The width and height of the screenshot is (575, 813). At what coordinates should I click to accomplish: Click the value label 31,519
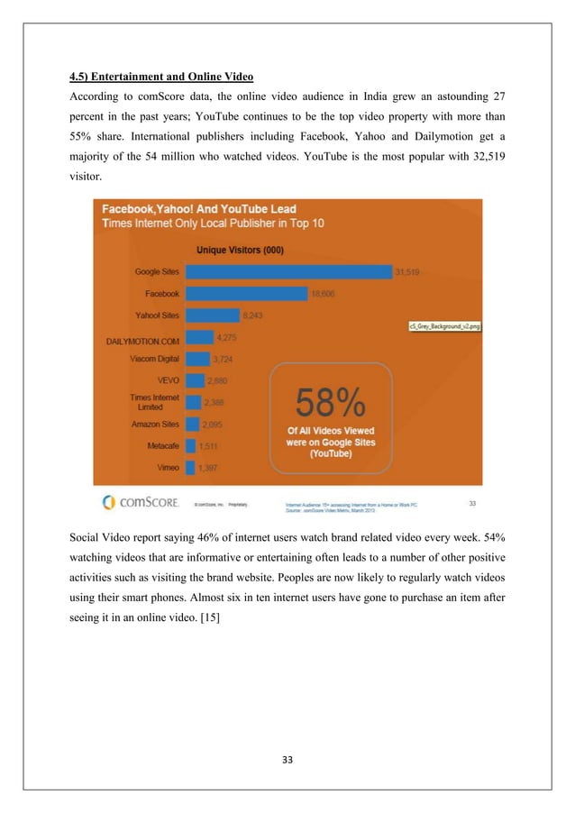point(407,270)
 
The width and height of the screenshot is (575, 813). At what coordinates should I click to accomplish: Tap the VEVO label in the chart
point(168,380)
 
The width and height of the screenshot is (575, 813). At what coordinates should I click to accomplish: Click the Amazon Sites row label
point(155,424)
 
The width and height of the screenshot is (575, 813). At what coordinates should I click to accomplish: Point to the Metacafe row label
point(163,445)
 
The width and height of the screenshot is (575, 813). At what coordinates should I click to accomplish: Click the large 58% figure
point(332,399)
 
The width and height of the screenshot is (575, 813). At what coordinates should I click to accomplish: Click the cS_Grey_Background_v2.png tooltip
point(444,326)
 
